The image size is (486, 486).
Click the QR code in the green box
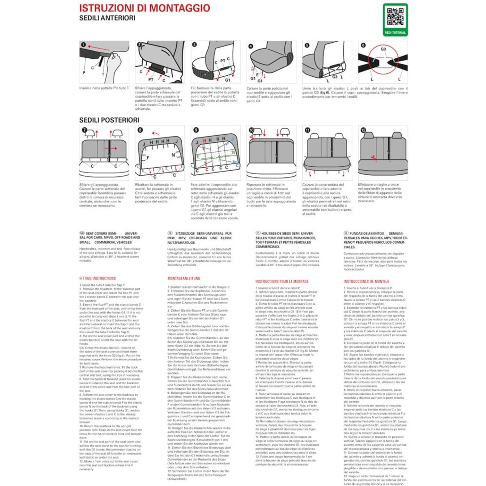pos(395,17)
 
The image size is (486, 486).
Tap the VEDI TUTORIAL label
pos(395,33)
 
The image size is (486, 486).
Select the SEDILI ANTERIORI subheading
pos(107,18)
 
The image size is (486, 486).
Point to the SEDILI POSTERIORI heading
pos(109,120)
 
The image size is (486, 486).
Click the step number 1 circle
pos(83,45)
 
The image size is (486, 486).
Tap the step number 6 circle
pos(363,45)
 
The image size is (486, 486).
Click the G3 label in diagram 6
pos(383,49)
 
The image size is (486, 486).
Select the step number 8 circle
pos(140,130)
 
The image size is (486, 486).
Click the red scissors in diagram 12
pos(374,158)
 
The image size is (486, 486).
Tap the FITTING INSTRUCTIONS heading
pos(98,278)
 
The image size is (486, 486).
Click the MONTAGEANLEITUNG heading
pos(184,278)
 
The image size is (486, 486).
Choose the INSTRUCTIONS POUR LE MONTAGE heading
pos(282,282)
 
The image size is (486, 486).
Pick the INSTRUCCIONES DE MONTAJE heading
pos(367,282)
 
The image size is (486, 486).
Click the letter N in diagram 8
pos(173,155)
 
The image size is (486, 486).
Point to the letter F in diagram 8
pos(148,158)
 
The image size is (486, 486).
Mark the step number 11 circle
pos(307,130)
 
